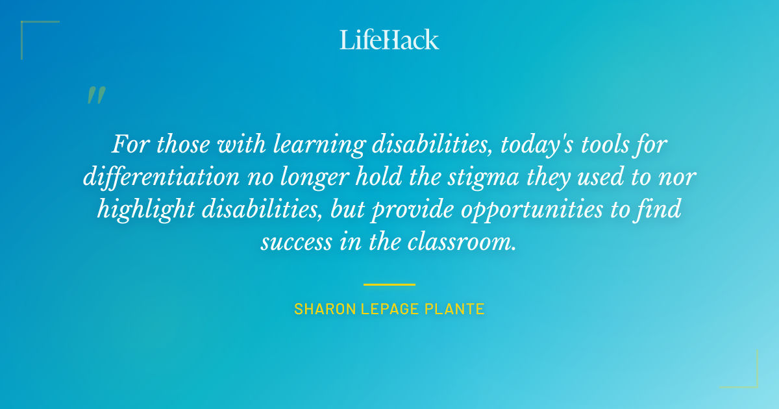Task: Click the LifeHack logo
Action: coord(389,40)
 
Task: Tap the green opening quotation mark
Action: coord(95,96)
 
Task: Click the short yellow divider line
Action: coord(389,284)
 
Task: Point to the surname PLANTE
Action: coord(460,309)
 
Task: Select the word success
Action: coord(295,242)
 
